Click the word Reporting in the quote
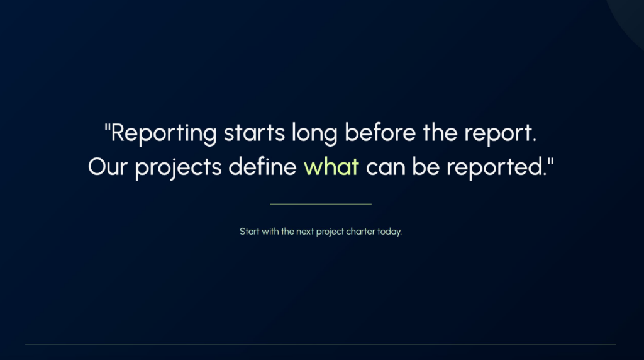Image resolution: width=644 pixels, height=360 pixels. [x=164, y=133]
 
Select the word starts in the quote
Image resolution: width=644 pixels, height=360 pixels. [x=254, y=133]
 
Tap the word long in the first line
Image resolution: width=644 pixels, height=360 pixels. [x=314, y=134]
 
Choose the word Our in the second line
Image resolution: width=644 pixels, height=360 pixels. [x=108, y=167]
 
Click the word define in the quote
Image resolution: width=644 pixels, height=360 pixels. [x=262, y=166]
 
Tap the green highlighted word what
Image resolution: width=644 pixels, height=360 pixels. [x=331, y=166]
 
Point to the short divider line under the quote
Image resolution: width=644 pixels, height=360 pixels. [x=321, y=204]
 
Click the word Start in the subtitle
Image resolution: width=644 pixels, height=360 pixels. [x=249, y=232]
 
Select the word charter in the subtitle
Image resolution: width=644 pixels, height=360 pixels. [x=360, y=232]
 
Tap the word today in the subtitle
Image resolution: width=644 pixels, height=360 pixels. [x=389, y=232]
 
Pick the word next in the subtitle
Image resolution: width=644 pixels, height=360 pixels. [x=305, y=232]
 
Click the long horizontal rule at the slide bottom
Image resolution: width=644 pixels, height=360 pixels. [x=321, y=344]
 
